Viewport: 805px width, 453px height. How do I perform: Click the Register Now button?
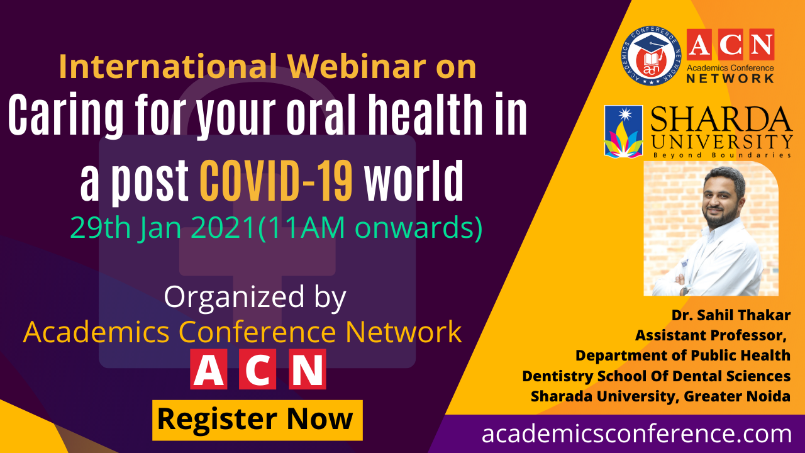(x=257, y=420)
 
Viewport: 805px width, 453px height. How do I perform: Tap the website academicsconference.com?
(x=636, y=433)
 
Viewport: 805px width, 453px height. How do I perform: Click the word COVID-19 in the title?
(x=276, y=181)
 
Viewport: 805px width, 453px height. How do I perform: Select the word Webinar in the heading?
(x=357, y=66)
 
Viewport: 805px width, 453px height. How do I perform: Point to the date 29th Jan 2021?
(x=162, y=228)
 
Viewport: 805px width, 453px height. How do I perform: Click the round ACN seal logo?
(x=652, y=56)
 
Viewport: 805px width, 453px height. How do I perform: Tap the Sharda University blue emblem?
(x=623, y=131)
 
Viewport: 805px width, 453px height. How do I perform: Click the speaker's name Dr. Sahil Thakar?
(x=731, y=315)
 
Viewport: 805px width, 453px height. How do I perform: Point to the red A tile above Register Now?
(x=208, y=369)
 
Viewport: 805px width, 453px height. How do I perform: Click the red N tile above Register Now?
(x=308, y=369)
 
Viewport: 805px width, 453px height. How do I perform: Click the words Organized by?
(x=255, y=298)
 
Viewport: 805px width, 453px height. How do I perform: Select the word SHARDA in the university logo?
(x=721, y=119)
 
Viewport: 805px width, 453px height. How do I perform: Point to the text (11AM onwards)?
(x=370, y=228)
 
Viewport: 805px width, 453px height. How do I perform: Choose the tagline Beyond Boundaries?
(x=722, y=155)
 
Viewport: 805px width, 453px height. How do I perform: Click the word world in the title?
(x=414, y=181)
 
